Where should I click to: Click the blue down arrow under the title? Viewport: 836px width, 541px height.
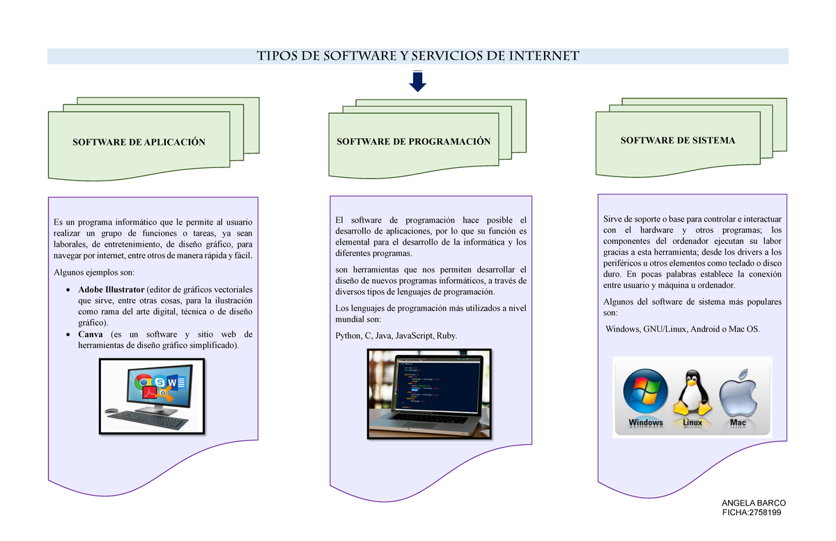(x=417, y=82)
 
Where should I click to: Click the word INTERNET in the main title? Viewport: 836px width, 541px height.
(x=544, y=56)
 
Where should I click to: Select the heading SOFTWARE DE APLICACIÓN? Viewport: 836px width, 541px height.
(x=139, y=142)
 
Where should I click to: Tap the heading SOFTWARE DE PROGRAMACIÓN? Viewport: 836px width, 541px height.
(x=414, y=142)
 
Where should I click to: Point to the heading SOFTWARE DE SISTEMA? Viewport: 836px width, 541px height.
(x=678, y=141)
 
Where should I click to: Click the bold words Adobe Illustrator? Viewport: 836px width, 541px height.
(x=111, y=289)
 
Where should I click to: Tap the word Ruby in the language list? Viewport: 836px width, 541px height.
(x=447, y=336)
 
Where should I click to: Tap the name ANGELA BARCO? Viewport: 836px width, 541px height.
(x=753, y=503)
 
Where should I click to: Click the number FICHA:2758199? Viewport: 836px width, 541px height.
(x=753, y=513)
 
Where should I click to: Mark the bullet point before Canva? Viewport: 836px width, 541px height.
(x=67, y=335)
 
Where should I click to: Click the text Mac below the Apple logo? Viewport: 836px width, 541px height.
(x=737, y=422)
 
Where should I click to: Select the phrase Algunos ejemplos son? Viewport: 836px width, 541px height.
(x=95, y=272)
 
